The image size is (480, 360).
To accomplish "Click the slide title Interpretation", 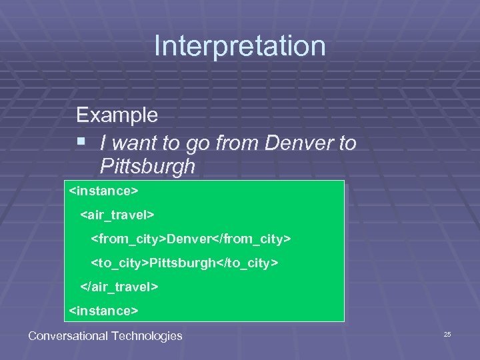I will (x=240, y=46).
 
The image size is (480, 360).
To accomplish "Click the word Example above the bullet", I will (x=117, y=115).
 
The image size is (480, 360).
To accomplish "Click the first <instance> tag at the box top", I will (x=103, y=191).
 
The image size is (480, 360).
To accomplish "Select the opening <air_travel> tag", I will (x=117, y=215).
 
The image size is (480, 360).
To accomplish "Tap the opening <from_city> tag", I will (x=129, y=239).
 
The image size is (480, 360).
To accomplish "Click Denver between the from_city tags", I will (x=189, y=239).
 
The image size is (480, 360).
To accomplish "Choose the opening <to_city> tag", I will (x=120, y=263).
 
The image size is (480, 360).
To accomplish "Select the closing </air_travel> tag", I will (x=119, y=287).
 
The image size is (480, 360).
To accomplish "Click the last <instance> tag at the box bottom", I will (x=103, y=311).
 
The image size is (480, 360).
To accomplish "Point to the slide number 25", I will (x=447, y=334).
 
